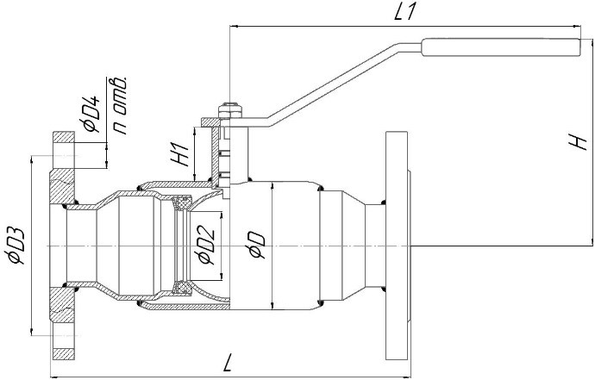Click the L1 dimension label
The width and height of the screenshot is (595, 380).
click(405, 13)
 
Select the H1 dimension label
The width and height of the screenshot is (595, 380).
click(180, 154)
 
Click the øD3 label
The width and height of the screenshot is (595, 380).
click(16, 246)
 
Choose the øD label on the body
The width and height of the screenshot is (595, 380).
click(256, 246)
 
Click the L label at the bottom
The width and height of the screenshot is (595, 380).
click(228, 363)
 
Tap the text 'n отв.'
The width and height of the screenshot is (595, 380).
click(120, 105)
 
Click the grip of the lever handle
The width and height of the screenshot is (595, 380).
click(501, 47)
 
